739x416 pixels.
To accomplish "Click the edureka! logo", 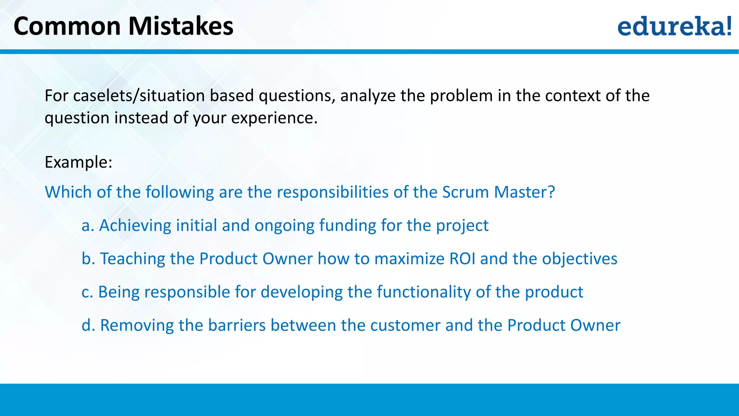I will tap(674, 26).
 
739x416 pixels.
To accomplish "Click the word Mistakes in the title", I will tap(181, 26).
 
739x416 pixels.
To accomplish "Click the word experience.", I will tap(274, 118).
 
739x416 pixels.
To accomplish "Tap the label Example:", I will tap(78, 162).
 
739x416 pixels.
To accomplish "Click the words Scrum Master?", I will tap(498, 192).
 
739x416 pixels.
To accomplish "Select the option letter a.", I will tap(87, 226).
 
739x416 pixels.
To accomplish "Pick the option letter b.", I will tap(88, 259).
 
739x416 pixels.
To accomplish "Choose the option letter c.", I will tap(87, 292).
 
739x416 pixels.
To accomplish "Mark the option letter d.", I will tap(88, 325).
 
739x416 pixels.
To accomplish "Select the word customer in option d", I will tap(405, 325).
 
